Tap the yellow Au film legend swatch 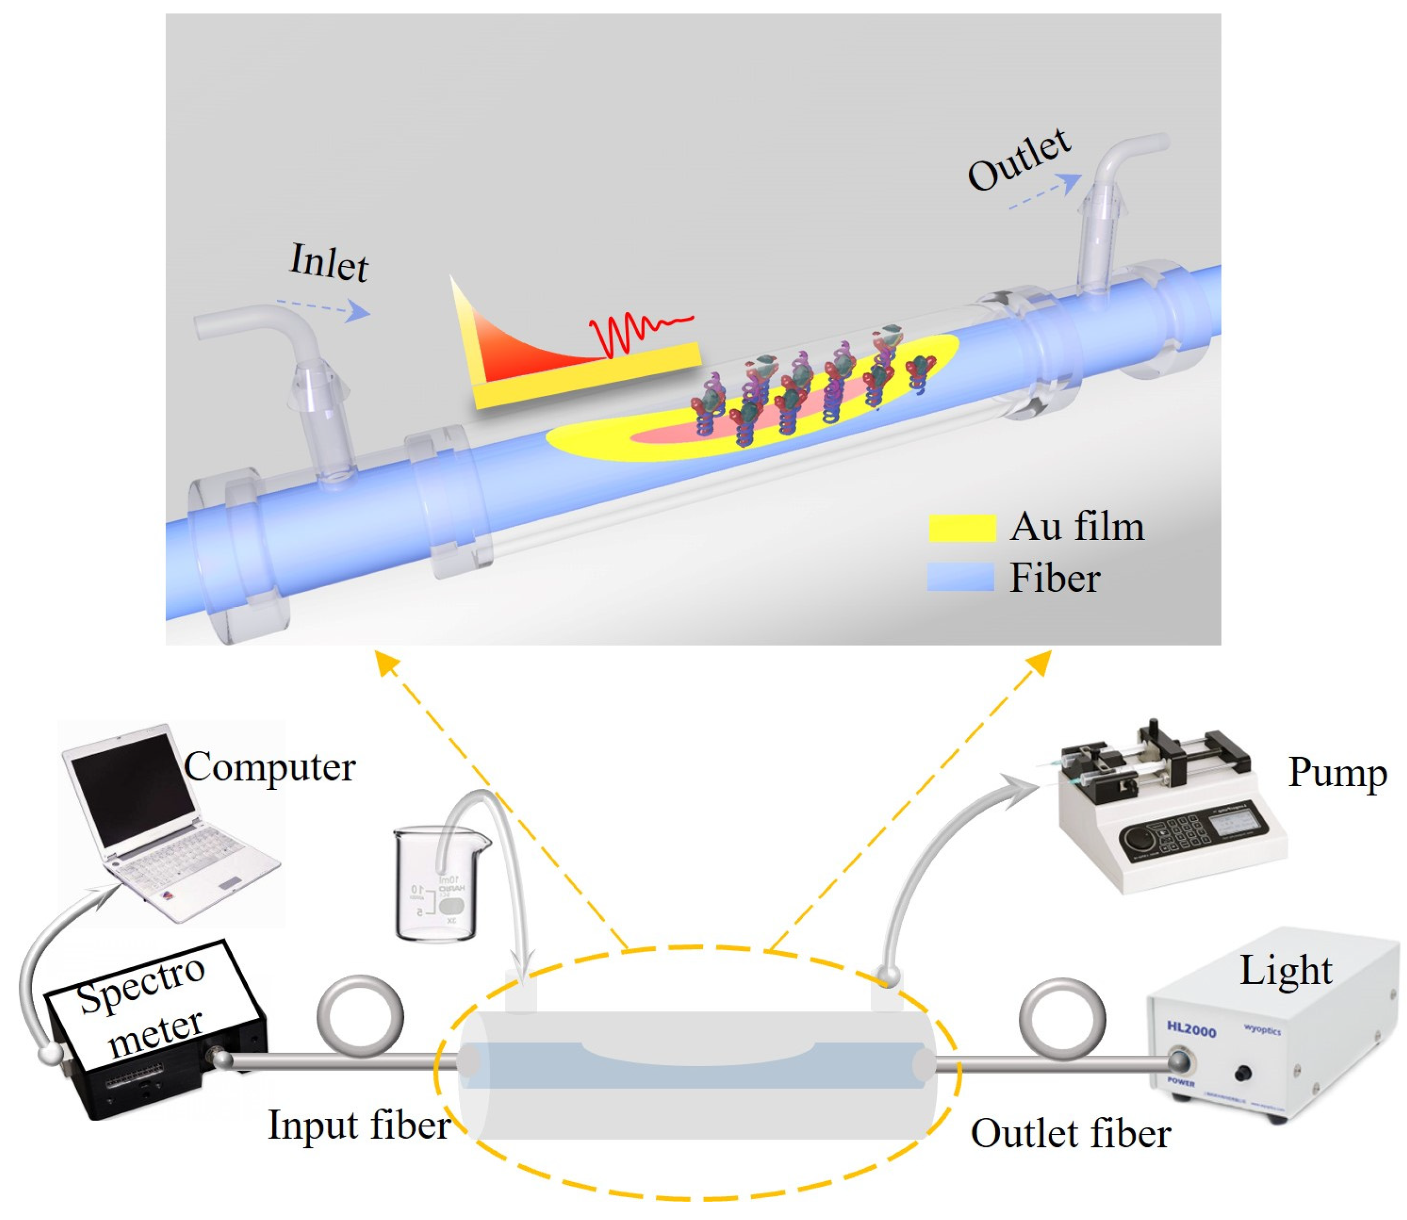962,528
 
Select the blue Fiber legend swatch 960,577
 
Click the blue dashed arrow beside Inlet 323,308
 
